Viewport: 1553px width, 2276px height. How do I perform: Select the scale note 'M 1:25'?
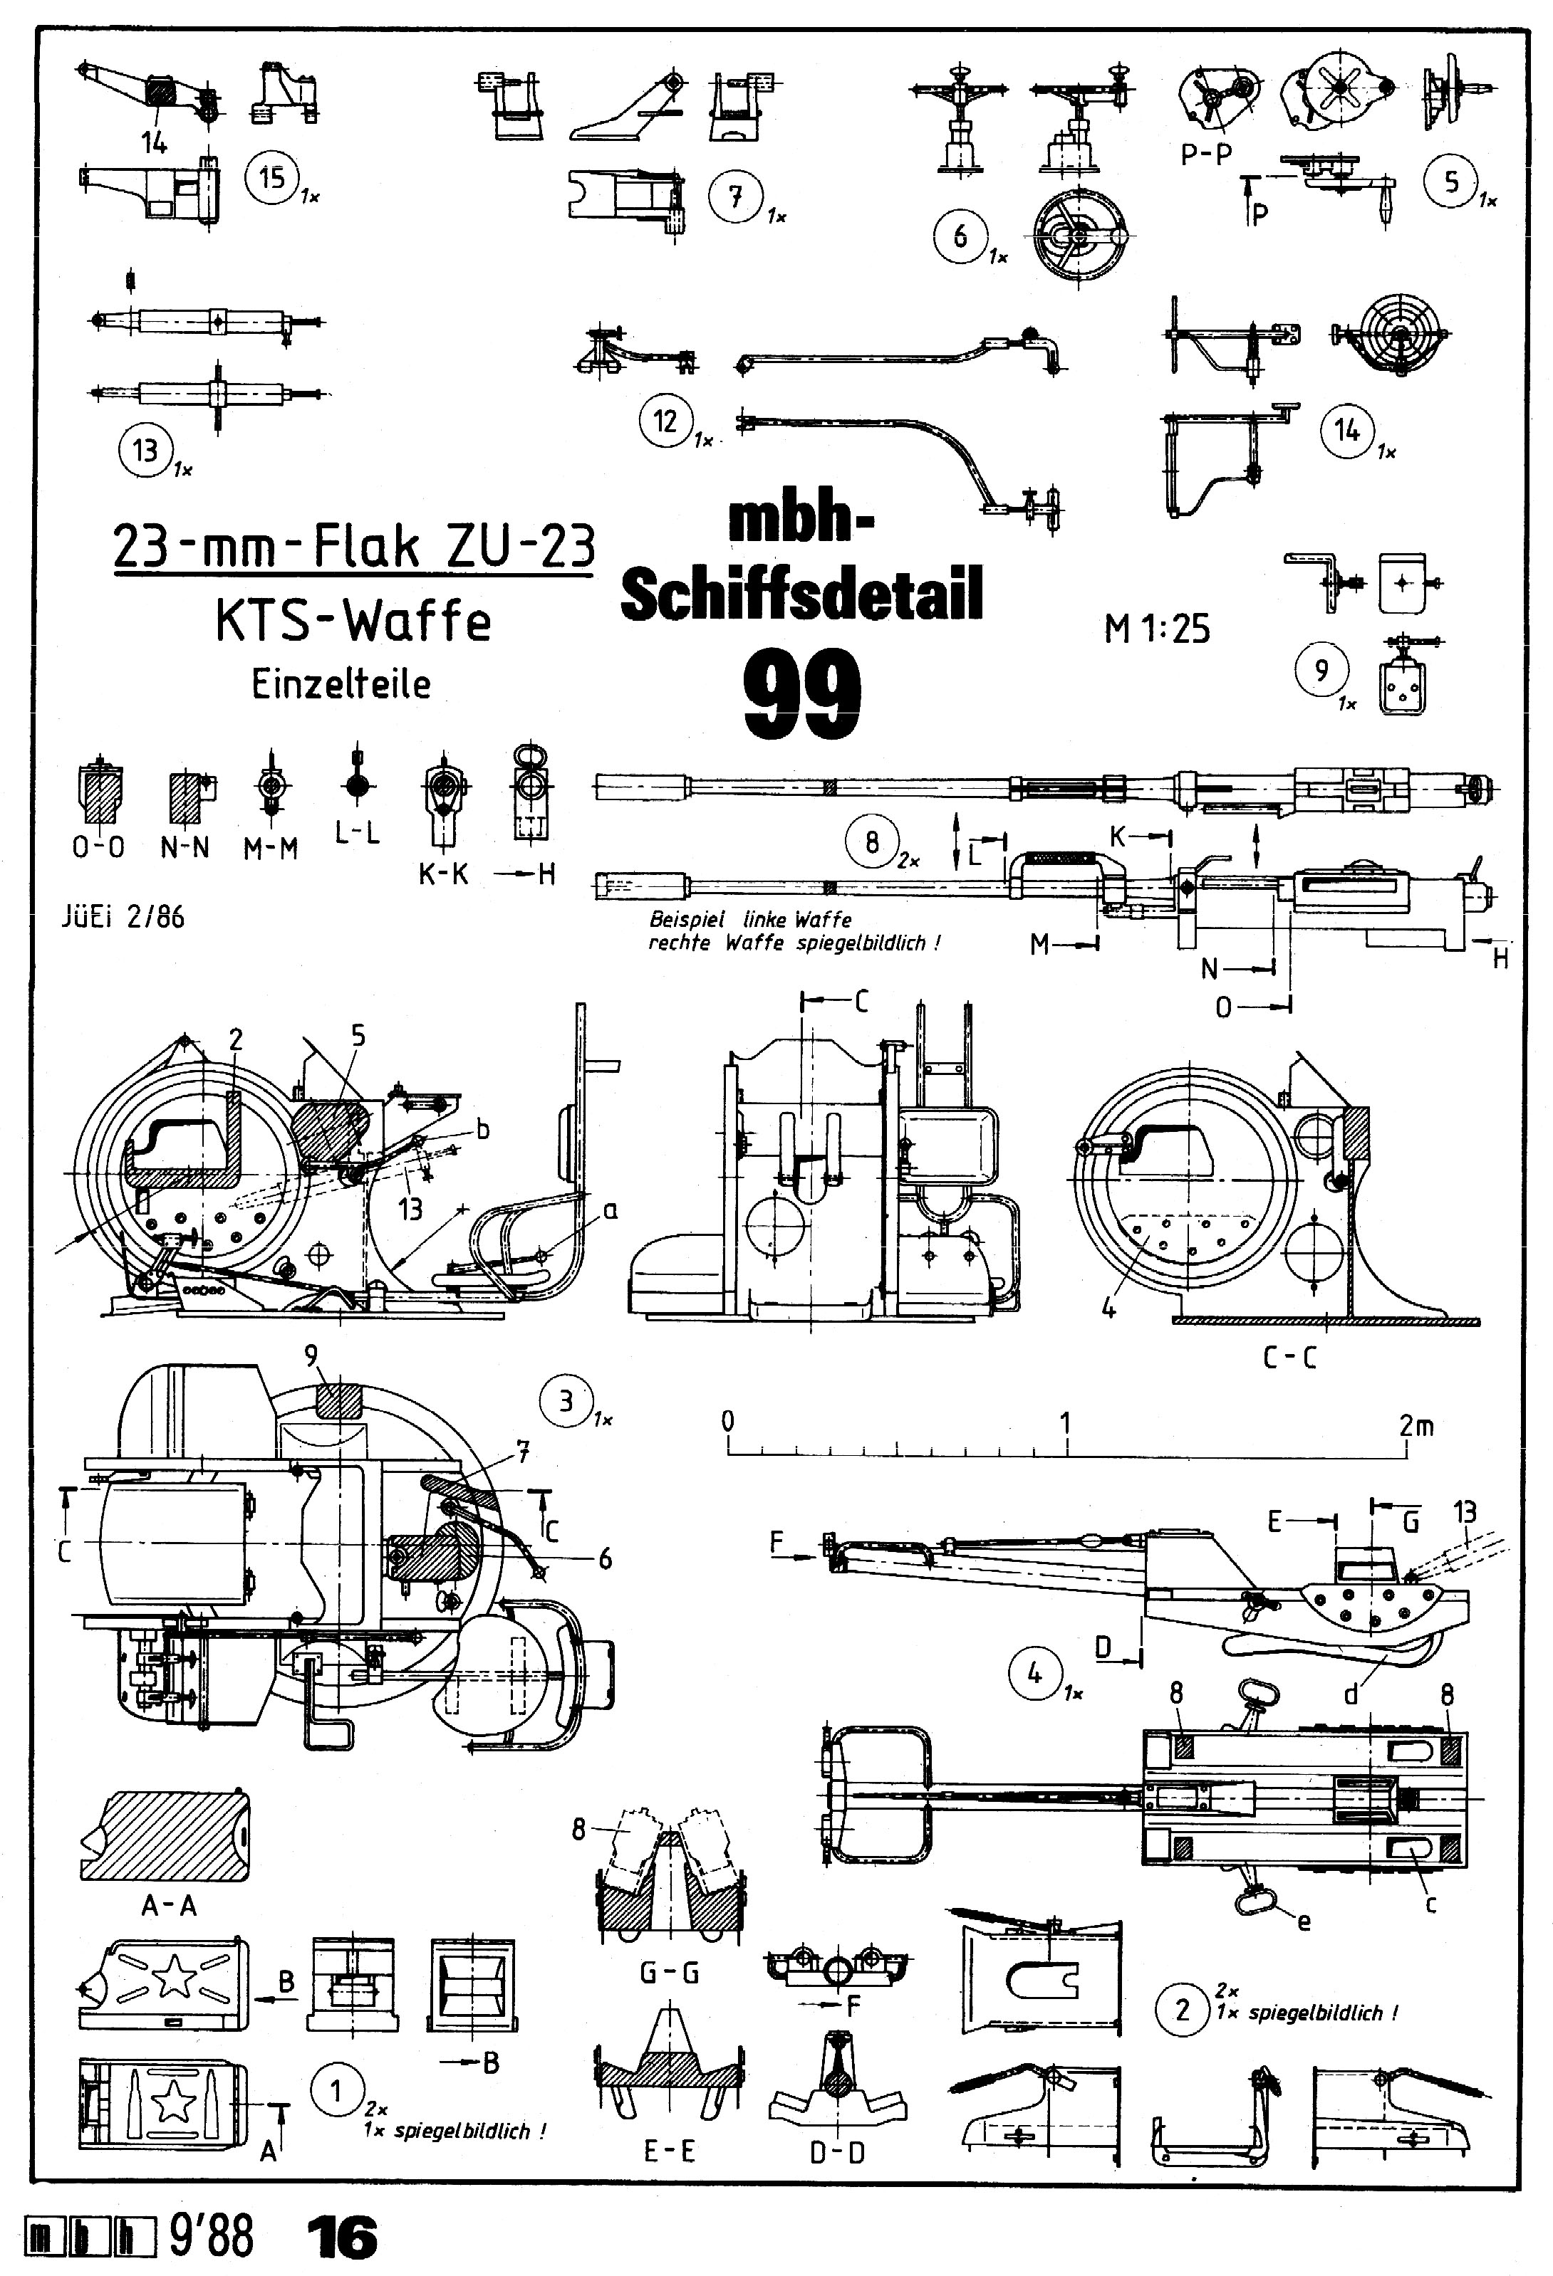point(1156,628)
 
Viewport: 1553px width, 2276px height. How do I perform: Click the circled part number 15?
point(271,177)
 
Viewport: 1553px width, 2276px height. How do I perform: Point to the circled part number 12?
point(665,421)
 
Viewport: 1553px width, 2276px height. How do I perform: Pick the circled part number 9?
point(1321,670)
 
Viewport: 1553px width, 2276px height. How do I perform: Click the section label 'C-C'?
point(1289,1358)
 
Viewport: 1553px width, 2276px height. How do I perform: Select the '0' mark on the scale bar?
point(727,1421)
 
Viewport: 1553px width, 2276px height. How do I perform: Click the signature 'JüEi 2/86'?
point(123,918)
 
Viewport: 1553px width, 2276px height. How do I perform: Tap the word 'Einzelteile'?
point(341,683)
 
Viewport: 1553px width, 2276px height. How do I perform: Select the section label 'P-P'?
point(1205,154)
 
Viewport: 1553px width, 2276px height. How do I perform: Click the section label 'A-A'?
point(169,1905)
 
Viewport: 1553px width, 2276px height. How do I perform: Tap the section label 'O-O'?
point(98,848)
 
